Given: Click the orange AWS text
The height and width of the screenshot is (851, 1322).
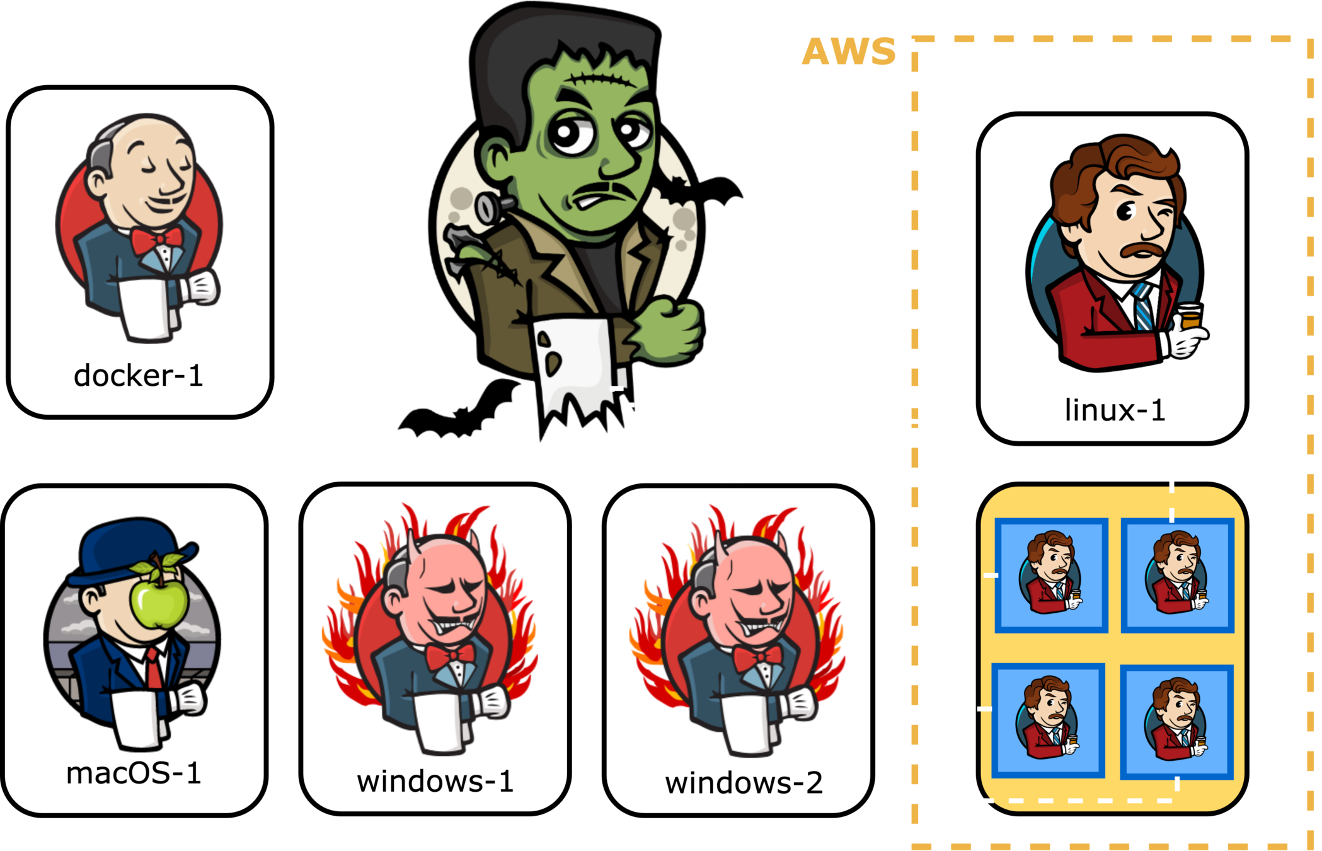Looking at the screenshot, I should point(848,52).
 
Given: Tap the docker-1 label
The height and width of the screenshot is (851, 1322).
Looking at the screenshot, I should point(138,376).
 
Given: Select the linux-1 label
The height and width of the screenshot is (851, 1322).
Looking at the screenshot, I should point(1114,410).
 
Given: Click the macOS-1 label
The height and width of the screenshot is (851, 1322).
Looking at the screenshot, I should point(134,773).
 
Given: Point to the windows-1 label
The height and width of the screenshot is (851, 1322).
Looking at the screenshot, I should point(435,782).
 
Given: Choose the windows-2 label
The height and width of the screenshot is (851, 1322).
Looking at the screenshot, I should point(744,783).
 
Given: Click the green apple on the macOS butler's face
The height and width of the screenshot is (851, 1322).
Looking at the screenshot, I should point(159,601).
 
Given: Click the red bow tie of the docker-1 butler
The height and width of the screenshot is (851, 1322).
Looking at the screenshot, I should point(156,241).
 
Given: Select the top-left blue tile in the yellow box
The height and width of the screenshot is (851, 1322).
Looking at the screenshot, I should point(1051,575).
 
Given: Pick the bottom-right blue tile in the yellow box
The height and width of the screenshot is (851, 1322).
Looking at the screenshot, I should point(1176,722).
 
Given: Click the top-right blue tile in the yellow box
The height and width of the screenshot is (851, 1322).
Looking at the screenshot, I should point(1177,575).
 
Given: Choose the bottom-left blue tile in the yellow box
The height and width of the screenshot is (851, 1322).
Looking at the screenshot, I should point(1049,720).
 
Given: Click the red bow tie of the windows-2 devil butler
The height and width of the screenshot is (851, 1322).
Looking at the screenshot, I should point(757,659).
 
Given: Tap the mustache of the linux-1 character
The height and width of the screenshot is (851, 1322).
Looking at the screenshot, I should point(1144,250).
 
